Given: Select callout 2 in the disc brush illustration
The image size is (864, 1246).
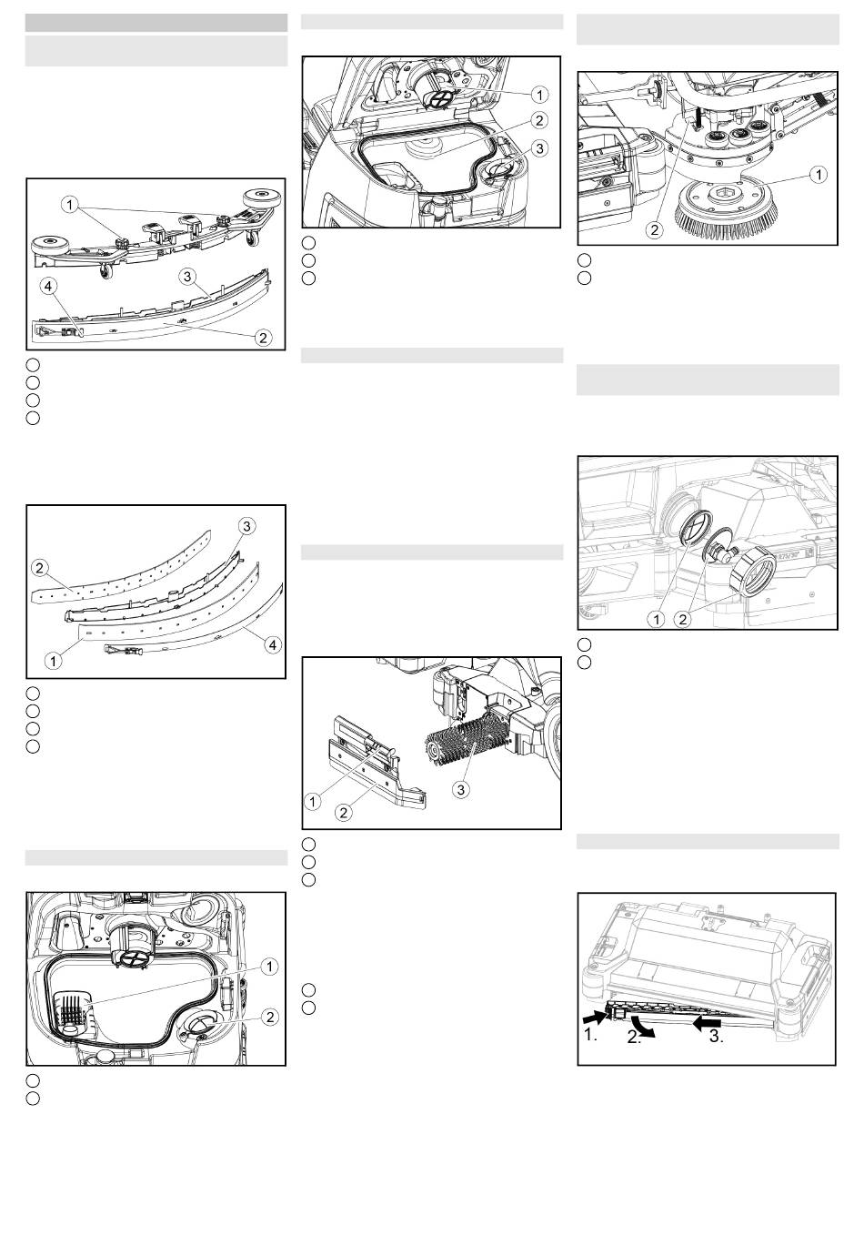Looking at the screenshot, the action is tap(655, 229).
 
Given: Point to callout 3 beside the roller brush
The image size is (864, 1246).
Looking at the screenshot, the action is tap(461, 789).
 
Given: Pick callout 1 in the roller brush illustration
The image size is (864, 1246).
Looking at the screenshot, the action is tap(313, 802).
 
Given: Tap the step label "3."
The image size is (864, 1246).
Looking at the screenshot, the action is tap(717, 1037).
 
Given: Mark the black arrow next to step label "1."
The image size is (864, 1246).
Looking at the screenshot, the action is tap(595, 1018).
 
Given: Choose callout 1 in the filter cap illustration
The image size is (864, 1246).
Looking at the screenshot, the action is tap(657, 619).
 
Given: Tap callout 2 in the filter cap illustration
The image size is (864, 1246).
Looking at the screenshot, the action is tap(682, 619).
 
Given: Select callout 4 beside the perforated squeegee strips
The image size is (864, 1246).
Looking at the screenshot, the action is tap(273, 644).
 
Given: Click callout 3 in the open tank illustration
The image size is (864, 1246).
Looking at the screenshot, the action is tap(538, 148).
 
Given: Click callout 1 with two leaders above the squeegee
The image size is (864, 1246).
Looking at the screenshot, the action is tap(69, 206).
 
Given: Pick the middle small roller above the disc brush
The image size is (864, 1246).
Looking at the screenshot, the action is tap(738, 134).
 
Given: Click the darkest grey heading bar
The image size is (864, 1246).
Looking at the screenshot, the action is tap(156, 23).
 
